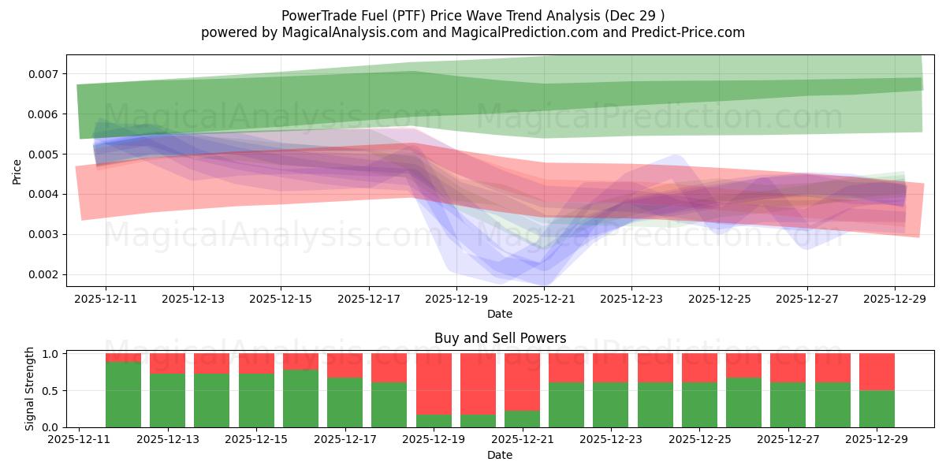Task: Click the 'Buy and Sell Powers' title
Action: [x=500, y=338]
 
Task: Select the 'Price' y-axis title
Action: [x=17, y=170]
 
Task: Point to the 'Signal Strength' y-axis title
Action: [x=30, y=389]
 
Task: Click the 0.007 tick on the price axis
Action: [x=43, y=74]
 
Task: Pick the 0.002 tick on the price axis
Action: [x=43, y=274]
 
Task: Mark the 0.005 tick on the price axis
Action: [x=43, y=155]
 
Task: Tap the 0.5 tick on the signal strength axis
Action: [x=50, y=391]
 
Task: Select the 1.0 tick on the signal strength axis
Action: [x=50, y=354]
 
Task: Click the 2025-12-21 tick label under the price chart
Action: [x=544, y=300]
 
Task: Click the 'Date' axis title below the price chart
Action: [x=500, y=314]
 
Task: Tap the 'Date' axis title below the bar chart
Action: [x=500, y=455]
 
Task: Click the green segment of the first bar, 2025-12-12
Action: [x=123, y=394]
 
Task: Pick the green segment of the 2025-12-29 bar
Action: [x=877, y=408]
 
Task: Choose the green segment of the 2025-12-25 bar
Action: [x=699, y=404]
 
